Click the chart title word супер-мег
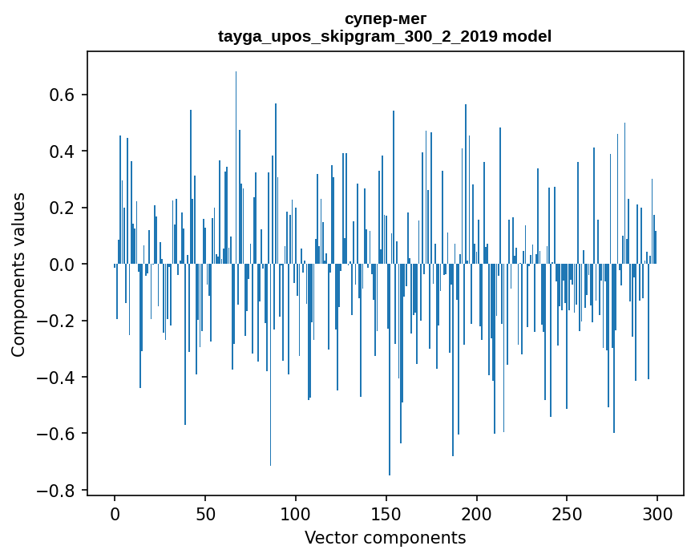click(385, 18)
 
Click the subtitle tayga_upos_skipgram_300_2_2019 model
click(385, 36)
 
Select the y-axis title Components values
click(18, 274)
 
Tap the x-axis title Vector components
click(385, 537)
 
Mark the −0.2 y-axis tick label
click(57, 321)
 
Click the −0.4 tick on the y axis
click(57, 377)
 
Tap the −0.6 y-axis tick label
click(57, 434)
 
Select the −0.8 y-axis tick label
click(57, 490)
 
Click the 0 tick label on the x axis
click(115, 512)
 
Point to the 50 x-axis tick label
click(205, 512)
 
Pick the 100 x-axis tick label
click(296, 512)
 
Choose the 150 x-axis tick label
click(386, 512)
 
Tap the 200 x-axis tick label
click(477, 512)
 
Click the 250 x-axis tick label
click(567, 512)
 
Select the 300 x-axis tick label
click(657, 512)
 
